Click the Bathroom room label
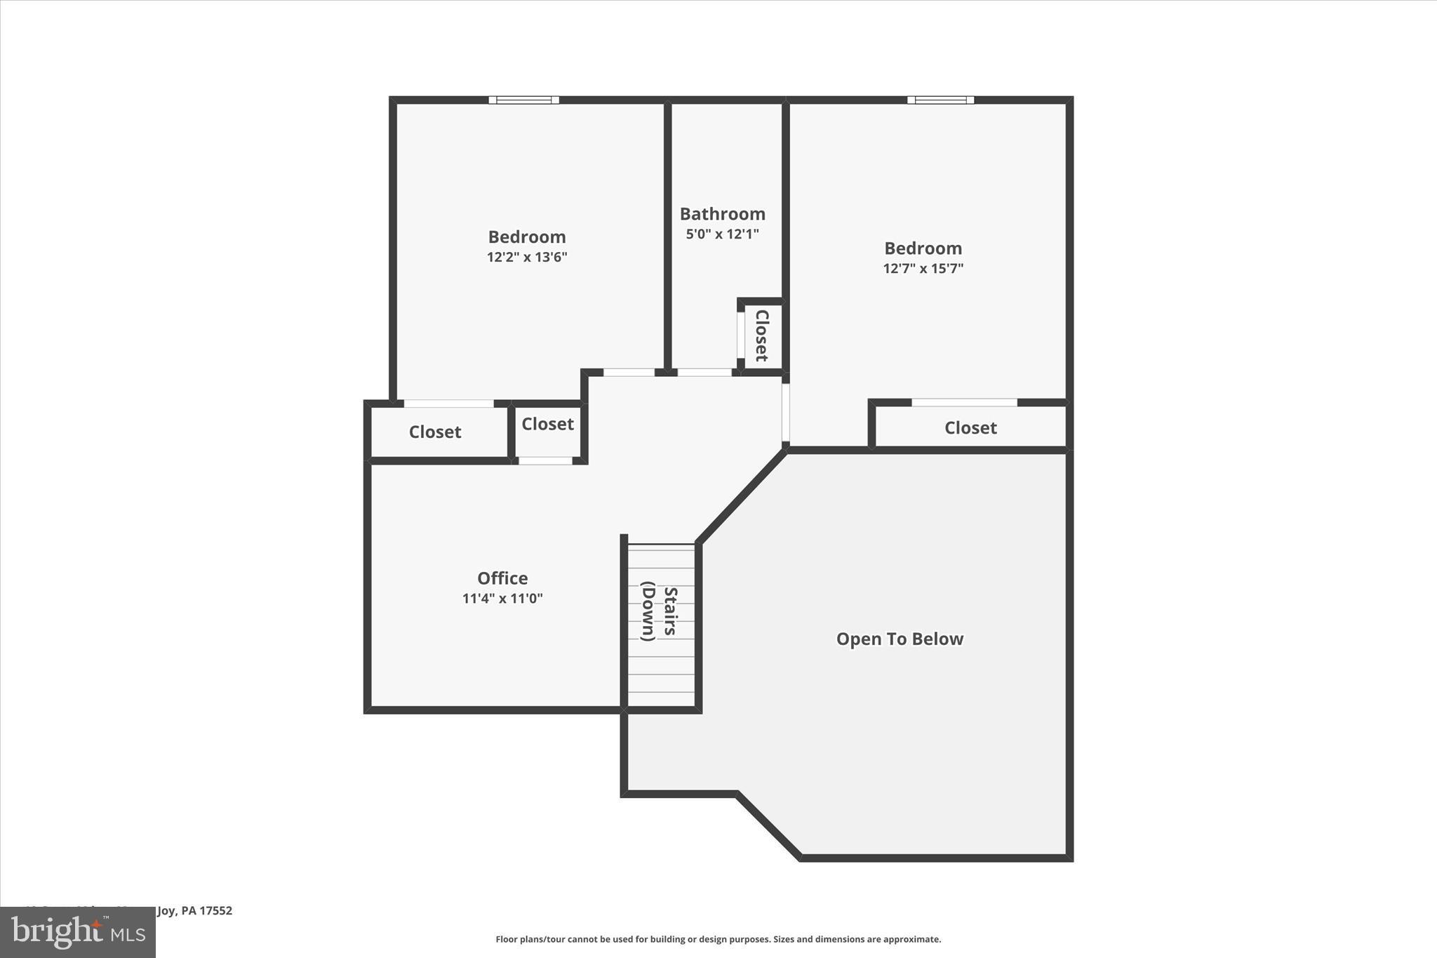pyautogui.click(x=722, y=214)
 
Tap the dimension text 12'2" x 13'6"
pyautogui.click(x=527, y=258)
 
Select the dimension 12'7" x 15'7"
pyautogui.click(x=923, y=269)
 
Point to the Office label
pyautogui.click(x=502, y=578)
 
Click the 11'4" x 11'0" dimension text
pyautogui.click(x=502, y=599)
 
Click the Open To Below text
pyautogui.click(x=900, y=639)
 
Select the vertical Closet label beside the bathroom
pyautogui.click(x=762, y=335)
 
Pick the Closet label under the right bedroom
pyautogui.click(x=970, y=428)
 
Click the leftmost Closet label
pyautogui.click(x=435, y=432)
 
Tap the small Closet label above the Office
pyautogui.click(x=547, y=425)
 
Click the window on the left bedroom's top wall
pyautogui.click(x=524, y=100)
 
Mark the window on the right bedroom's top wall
pyautogui.click(x=940, y=100)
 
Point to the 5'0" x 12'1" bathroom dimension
pyautogui.click(x=722, y=234)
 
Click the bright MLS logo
pyautogui.click(x=78, y=932)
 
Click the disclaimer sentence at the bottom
pyautogui.click(x=718, y=940)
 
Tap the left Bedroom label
pyautogui.click(x=527, y=237)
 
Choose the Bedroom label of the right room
pyautogui.click(x=923, y=248)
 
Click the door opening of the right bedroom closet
pyautogui.click(x=964, y=403)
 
